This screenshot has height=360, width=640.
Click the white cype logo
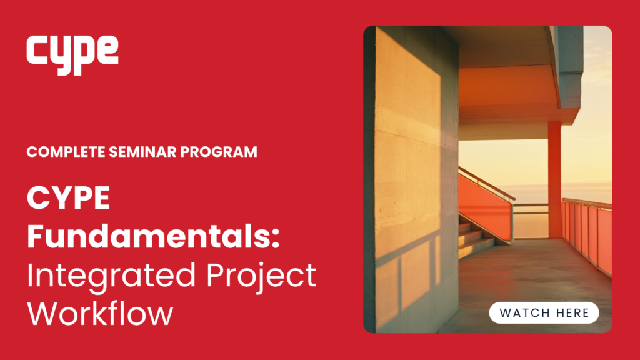(x=72, y=55)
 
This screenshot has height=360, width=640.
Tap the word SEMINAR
(x=142, y=152)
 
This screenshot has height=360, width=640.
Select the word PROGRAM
(x=219, y=152)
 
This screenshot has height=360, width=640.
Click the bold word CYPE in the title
(x=69, y=198)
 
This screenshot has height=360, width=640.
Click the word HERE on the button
(x=569, y=313)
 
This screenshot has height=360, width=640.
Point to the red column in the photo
(x=554, y=179)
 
